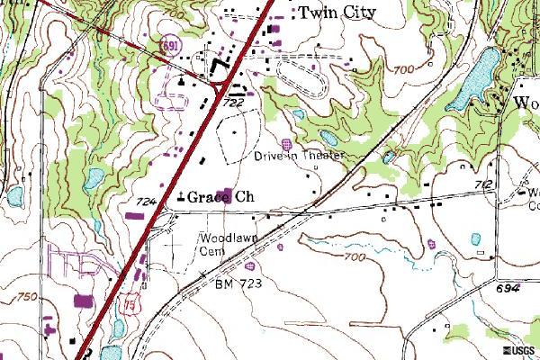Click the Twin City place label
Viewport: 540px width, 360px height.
point(337,12)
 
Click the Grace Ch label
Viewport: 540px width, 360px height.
point(220,196)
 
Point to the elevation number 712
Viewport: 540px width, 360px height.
point(483,185)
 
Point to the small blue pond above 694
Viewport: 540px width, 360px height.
point(473,239)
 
